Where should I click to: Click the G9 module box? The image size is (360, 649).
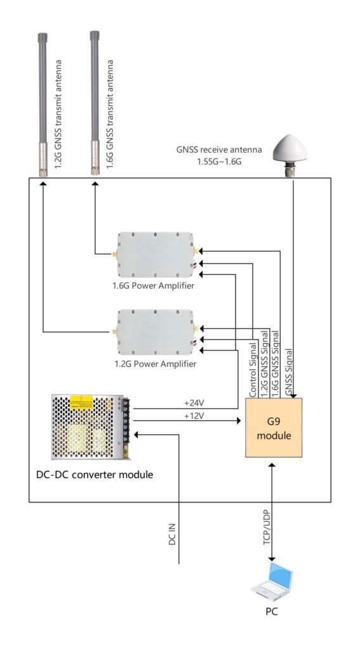(x=274, y=428)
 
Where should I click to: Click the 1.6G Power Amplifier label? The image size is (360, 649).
(x=153, y=286)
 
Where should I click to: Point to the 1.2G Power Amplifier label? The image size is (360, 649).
(x=155, y=364)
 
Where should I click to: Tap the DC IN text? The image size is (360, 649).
(x=172, y=534)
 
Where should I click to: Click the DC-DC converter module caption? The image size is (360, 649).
(x=95, y=474)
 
